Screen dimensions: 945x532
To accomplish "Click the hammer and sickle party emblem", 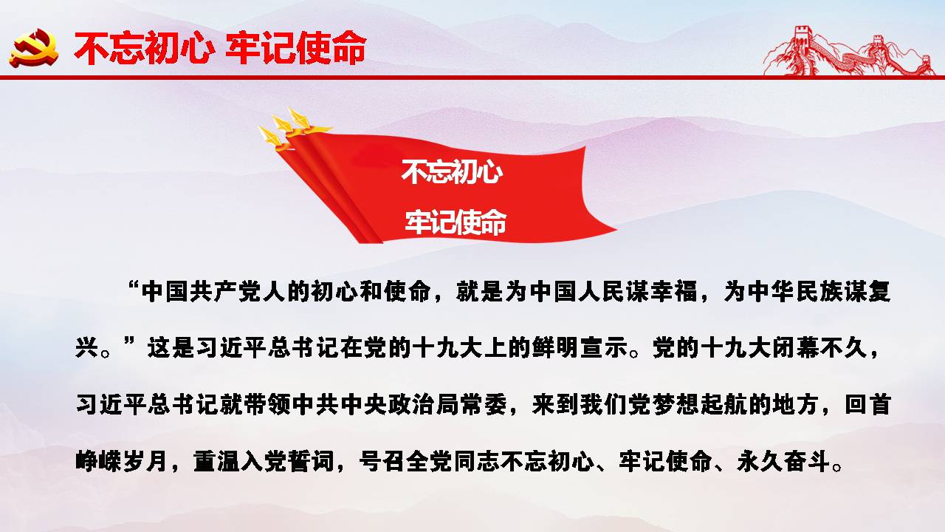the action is tap(34, 47).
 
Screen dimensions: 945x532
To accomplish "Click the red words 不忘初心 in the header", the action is tap(142, 48).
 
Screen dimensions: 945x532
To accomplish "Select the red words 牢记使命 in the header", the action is tap(295, 48).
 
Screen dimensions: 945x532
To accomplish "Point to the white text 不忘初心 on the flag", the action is tap(452, 172).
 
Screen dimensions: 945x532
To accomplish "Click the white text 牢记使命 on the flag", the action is tap(456, 222).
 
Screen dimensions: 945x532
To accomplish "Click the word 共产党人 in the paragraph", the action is tap(238, 292).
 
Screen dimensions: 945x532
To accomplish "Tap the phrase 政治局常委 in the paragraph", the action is tap(448, 404).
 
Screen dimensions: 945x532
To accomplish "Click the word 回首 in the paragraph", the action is tap(867, 404).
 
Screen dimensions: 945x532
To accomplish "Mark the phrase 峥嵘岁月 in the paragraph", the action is tap(123, 461).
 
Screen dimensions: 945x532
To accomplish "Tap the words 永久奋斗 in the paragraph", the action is tap(784, 461).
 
